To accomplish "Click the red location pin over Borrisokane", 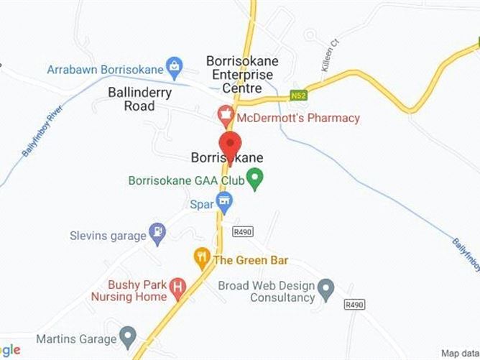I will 229,142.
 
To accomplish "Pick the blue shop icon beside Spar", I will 224,203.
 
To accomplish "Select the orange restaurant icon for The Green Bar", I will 202,256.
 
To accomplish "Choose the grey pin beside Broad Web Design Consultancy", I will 326,290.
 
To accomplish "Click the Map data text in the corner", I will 460,353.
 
